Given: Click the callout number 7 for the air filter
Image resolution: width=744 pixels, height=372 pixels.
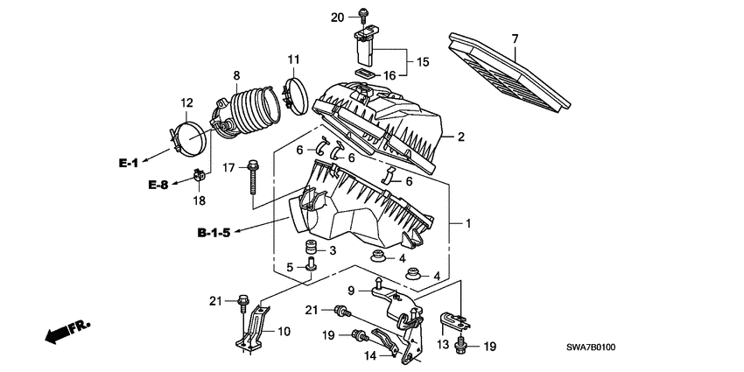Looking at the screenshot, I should tap(515, 39).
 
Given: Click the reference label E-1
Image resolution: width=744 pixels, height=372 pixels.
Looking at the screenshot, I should tap(130, 163).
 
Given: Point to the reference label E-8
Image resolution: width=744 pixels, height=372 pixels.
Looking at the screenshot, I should tap(158, 184).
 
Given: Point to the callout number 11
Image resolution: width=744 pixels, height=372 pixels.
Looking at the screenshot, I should tap(293, 60).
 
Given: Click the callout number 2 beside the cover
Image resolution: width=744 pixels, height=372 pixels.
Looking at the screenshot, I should tap(460, 137).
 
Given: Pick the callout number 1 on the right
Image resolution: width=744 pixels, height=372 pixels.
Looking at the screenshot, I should tap(468, 224).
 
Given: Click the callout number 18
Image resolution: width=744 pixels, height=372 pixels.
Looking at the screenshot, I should tap(200, 201).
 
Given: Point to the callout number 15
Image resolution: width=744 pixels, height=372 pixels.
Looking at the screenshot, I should tap(423, 62).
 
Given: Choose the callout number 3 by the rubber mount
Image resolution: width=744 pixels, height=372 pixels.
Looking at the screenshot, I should tap(333, 250).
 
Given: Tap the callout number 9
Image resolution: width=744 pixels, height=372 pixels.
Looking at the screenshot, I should tap(351, 291).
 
